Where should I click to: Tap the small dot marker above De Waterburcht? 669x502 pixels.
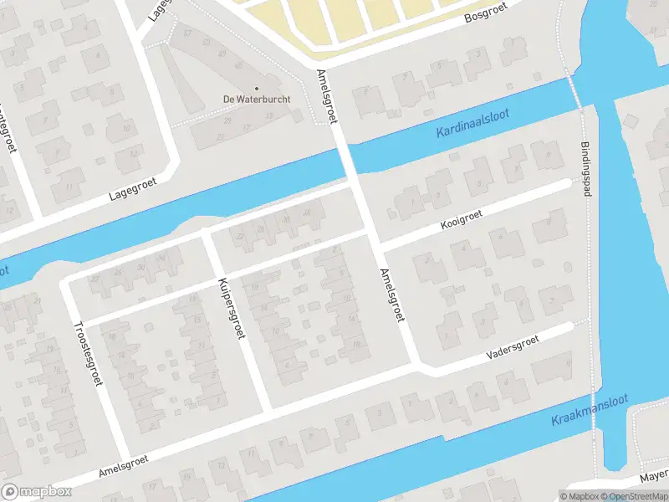tap(256, 88)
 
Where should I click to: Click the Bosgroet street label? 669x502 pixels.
tap(487, 18)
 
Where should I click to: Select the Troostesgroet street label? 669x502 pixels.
tap(88, 353)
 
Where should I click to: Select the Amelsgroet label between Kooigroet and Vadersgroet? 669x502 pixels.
tap(391, 296)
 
